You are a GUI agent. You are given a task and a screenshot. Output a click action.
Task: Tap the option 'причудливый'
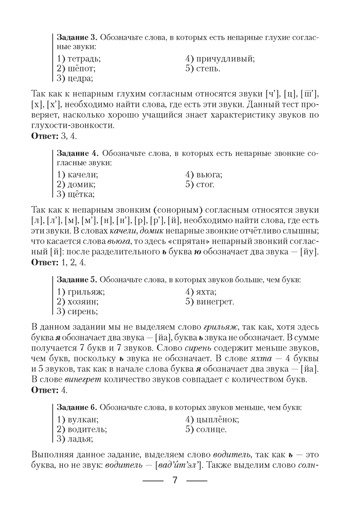[x=220, y=59]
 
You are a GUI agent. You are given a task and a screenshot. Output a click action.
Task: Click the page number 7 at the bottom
[x=174, y=481]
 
